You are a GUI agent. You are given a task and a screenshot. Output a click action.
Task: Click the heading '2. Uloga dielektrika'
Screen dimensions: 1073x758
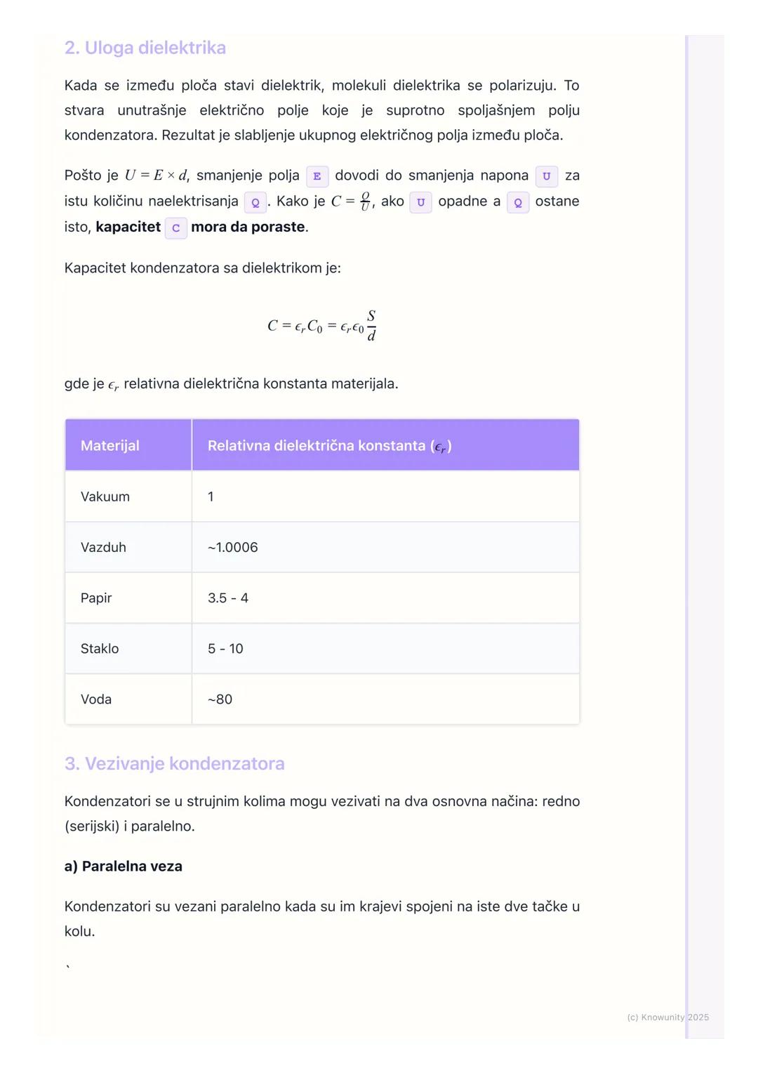[x=145, y=48]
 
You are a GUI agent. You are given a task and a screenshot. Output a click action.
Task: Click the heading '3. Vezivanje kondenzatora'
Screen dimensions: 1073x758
[x=174, y=763]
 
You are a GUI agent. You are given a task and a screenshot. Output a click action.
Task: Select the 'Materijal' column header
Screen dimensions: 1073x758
[x=110, y=446]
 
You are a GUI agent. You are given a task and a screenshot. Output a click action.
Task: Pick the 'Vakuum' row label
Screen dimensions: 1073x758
[x=105, y=496]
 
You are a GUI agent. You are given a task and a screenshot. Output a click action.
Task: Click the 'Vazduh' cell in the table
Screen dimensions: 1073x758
[x=103, y=547]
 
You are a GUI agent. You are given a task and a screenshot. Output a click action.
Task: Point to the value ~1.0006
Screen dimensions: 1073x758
[x=232, y=547]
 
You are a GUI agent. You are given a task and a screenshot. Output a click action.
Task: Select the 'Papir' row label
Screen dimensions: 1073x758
[x=96, y=598]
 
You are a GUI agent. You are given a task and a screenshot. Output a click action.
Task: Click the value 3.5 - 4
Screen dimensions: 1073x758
[x=228, y=598]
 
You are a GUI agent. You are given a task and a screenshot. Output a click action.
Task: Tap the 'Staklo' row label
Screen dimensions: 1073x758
[x=100, y=648]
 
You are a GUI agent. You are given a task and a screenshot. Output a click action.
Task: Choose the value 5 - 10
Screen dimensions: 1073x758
[x=225, y=648]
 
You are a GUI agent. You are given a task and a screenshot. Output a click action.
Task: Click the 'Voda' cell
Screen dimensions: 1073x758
[x=96, y=699]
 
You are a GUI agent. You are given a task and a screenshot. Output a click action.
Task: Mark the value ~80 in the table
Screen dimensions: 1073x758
[x=220, y=699]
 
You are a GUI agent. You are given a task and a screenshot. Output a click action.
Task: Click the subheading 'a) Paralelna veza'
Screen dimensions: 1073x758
[x=124, y=866]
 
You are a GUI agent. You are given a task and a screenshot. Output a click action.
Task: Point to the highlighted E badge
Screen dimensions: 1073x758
[x=317, y=176]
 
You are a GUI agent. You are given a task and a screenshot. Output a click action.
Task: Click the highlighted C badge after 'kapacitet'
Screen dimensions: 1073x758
[x=175, y=228]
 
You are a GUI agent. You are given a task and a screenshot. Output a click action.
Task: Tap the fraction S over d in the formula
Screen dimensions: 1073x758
[x=371, y=326]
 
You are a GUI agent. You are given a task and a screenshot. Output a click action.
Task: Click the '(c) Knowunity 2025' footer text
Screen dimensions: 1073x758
[x=667, y=1017]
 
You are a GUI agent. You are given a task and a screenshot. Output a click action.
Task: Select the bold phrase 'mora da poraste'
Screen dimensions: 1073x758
[x=248, y=227]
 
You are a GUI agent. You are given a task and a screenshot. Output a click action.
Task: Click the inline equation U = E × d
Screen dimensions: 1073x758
[x=156, y=176]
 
